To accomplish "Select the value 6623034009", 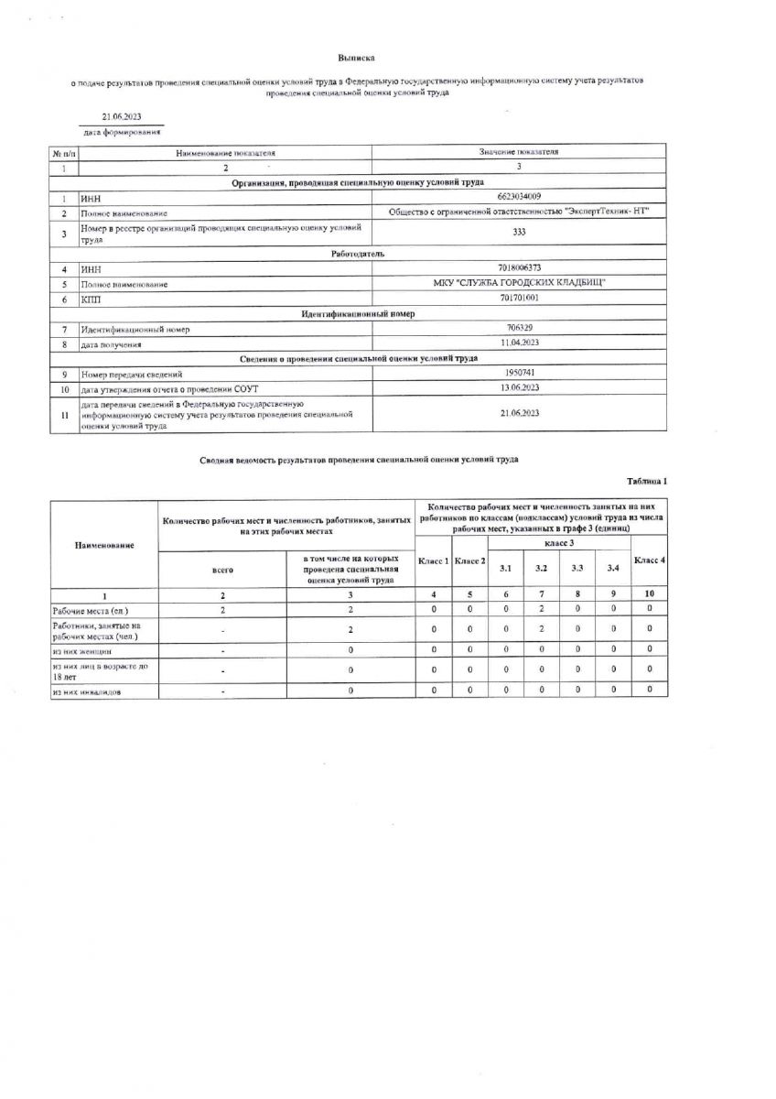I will pos(519,197).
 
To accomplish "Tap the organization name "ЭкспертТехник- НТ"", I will pos(519,212).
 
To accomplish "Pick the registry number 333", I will pos(519,233).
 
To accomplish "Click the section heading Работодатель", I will pos(358,253).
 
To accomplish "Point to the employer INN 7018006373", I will pos(519,268).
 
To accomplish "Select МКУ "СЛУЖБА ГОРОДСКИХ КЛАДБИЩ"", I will pos(519,283).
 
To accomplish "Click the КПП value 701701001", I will pos(519,299).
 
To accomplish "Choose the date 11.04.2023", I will pos(519,343).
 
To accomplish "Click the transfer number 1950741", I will pos(519,374).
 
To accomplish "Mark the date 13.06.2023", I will pos(519,388).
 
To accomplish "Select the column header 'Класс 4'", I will pos(650,560).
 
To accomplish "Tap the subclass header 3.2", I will pos(542,569).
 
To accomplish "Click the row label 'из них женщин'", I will pos(81,649).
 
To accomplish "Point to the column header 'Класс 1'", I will pos(433,560).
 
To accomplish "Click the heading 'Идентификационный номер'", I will pos(358,313).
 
